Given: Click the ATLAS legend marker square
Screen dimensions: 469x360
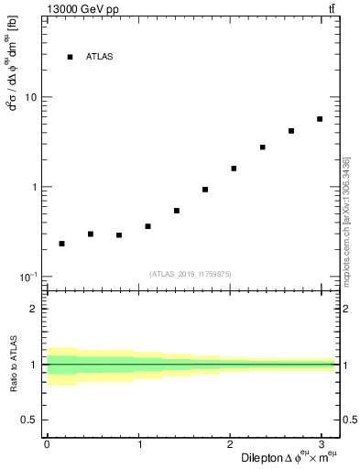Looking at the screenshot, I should [70, 57].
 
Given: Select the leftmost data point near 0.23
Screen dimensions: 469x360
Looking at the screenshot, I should [61, 244].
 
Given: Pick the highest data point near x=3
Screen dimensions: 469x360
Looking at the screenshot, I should [320, 119].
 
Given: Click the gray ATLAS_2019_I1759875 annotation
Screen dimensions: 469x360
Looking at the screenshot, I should [191, 273].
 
